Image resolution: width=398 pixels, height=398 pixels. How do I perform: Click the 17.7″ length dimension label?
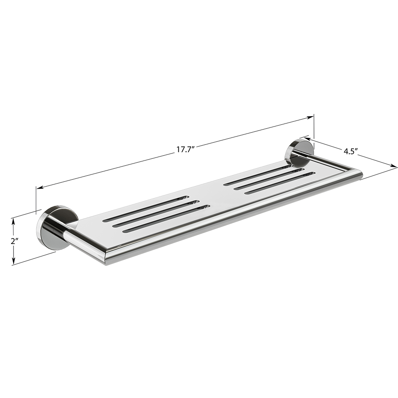185,149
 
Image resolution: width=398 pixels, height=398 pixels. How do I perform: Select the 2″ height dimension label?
14,241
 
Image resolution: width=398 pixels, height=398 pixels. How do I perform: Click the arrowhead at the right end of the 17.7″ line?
310,117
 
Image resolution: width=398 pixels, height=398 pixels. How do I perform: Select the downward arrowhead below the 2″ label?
14,260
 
